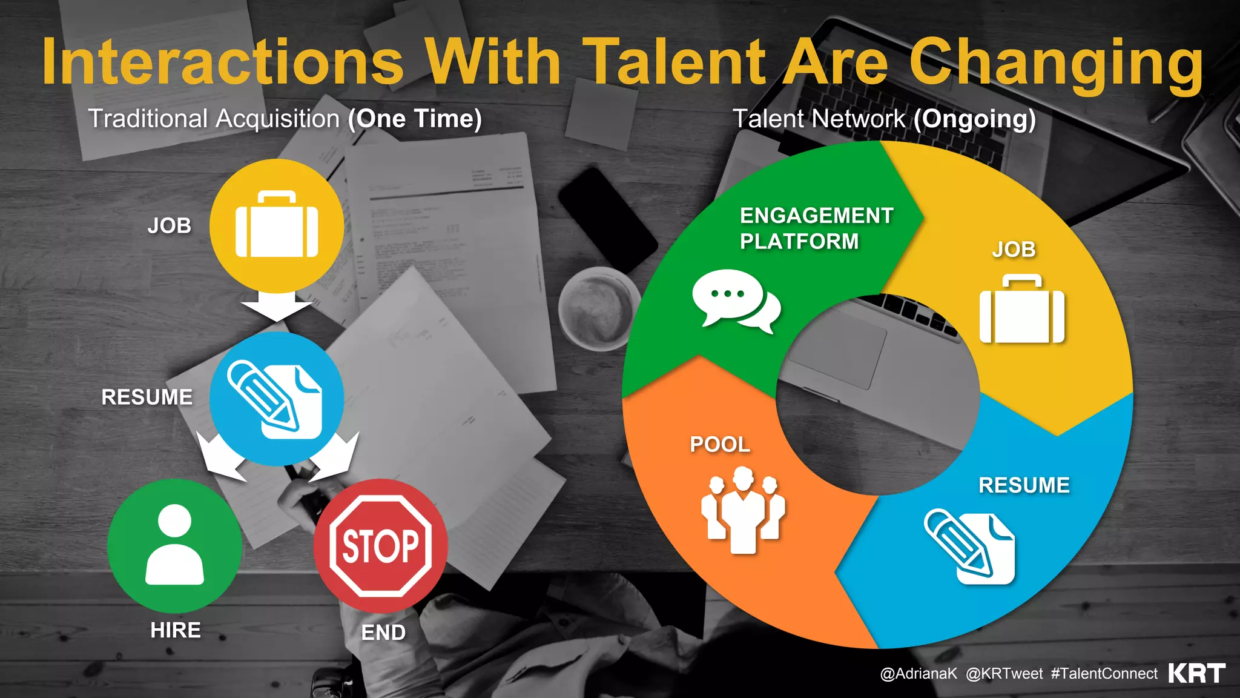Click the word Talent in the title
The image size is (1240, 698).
tap(677, 62)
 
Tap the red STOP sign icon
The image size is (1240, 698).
tap(380, 545)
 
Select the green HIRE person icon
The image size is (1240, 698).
tap(174, 545)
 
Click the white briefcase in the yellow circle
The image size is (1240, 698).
tap(277, 225)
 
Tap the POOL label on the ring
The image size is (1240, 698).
tap(720, 445)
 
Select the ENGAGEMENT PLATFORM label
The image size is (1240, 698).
tap(816, 228)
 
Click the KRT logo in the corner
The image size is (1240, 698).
tap(1196, 673)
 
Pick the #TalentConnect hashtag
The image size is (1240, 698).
tap(1104, 674)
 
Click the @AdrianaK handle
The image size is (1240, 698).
tap(918, 674)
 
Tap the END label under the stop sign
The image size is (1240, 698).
tap(383, 633)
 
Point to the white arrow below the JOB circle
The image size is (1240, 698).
tap(277, 306)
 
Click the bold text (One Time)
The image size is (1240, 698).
tap(415, 119)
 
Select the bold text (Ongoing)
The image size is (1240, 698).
tap(975, 119)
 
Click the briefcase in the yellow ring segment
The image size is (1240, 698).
tap(1021, 310)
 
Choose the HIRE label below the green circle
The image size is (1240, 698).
tap(176, 630)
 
